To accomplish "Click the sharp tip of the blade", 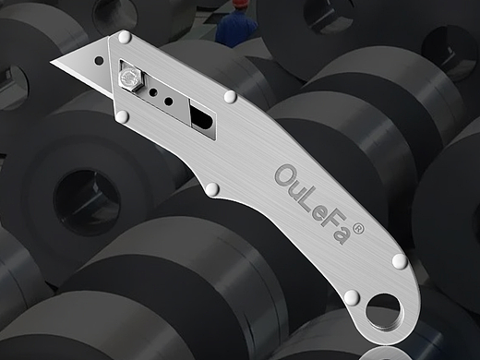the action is click(51, 62).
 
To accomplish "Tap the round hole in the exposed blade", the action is click(99, 60).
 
